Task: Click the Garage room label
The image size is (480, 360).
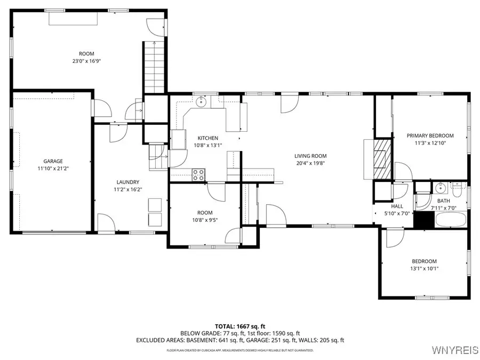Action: (x=53, y=161)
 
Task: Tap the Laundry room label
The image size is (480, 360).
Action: (x=127, y=181)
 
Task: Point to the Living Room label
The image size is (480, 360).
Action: (x=310, y=156)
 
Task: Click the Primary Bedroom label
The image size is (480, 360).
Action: (x=430, y=135)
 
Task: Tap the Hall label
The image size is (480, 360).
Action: (x=397, y=206)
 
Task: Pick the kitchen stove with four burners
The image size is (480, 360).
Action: (x=198, y=174)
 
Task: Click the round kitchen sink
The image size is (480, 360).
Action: (x=201, y=101)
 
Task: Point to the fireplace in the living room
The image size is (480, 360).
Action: (x=380, y=158)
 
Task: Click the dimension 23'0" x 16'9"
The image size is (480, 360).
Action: (x=86, y=61)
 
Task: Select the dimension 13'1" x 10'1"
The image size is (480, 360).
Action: (x=424, y=268)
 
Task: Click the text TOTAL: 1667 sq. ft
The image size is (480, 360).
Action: (x=239, y=325)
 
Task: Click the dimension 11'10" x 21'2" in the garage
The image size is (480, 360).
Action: (x=53, y=169)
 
